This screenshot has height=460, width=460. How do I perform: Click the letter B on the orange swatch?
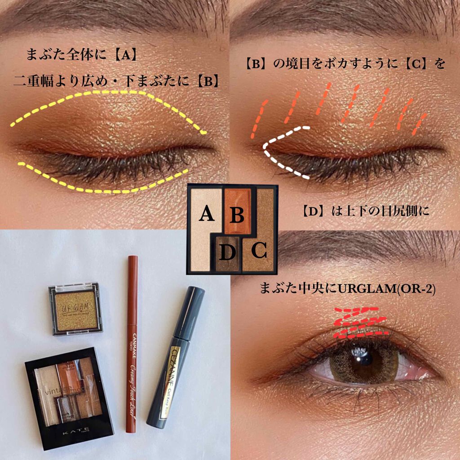[237, 215]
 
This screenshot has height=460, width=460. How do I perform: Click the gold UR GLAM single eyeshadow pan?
[75, 309]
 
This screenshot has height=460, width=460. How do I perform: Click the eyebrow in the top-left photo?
[112, 13]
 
